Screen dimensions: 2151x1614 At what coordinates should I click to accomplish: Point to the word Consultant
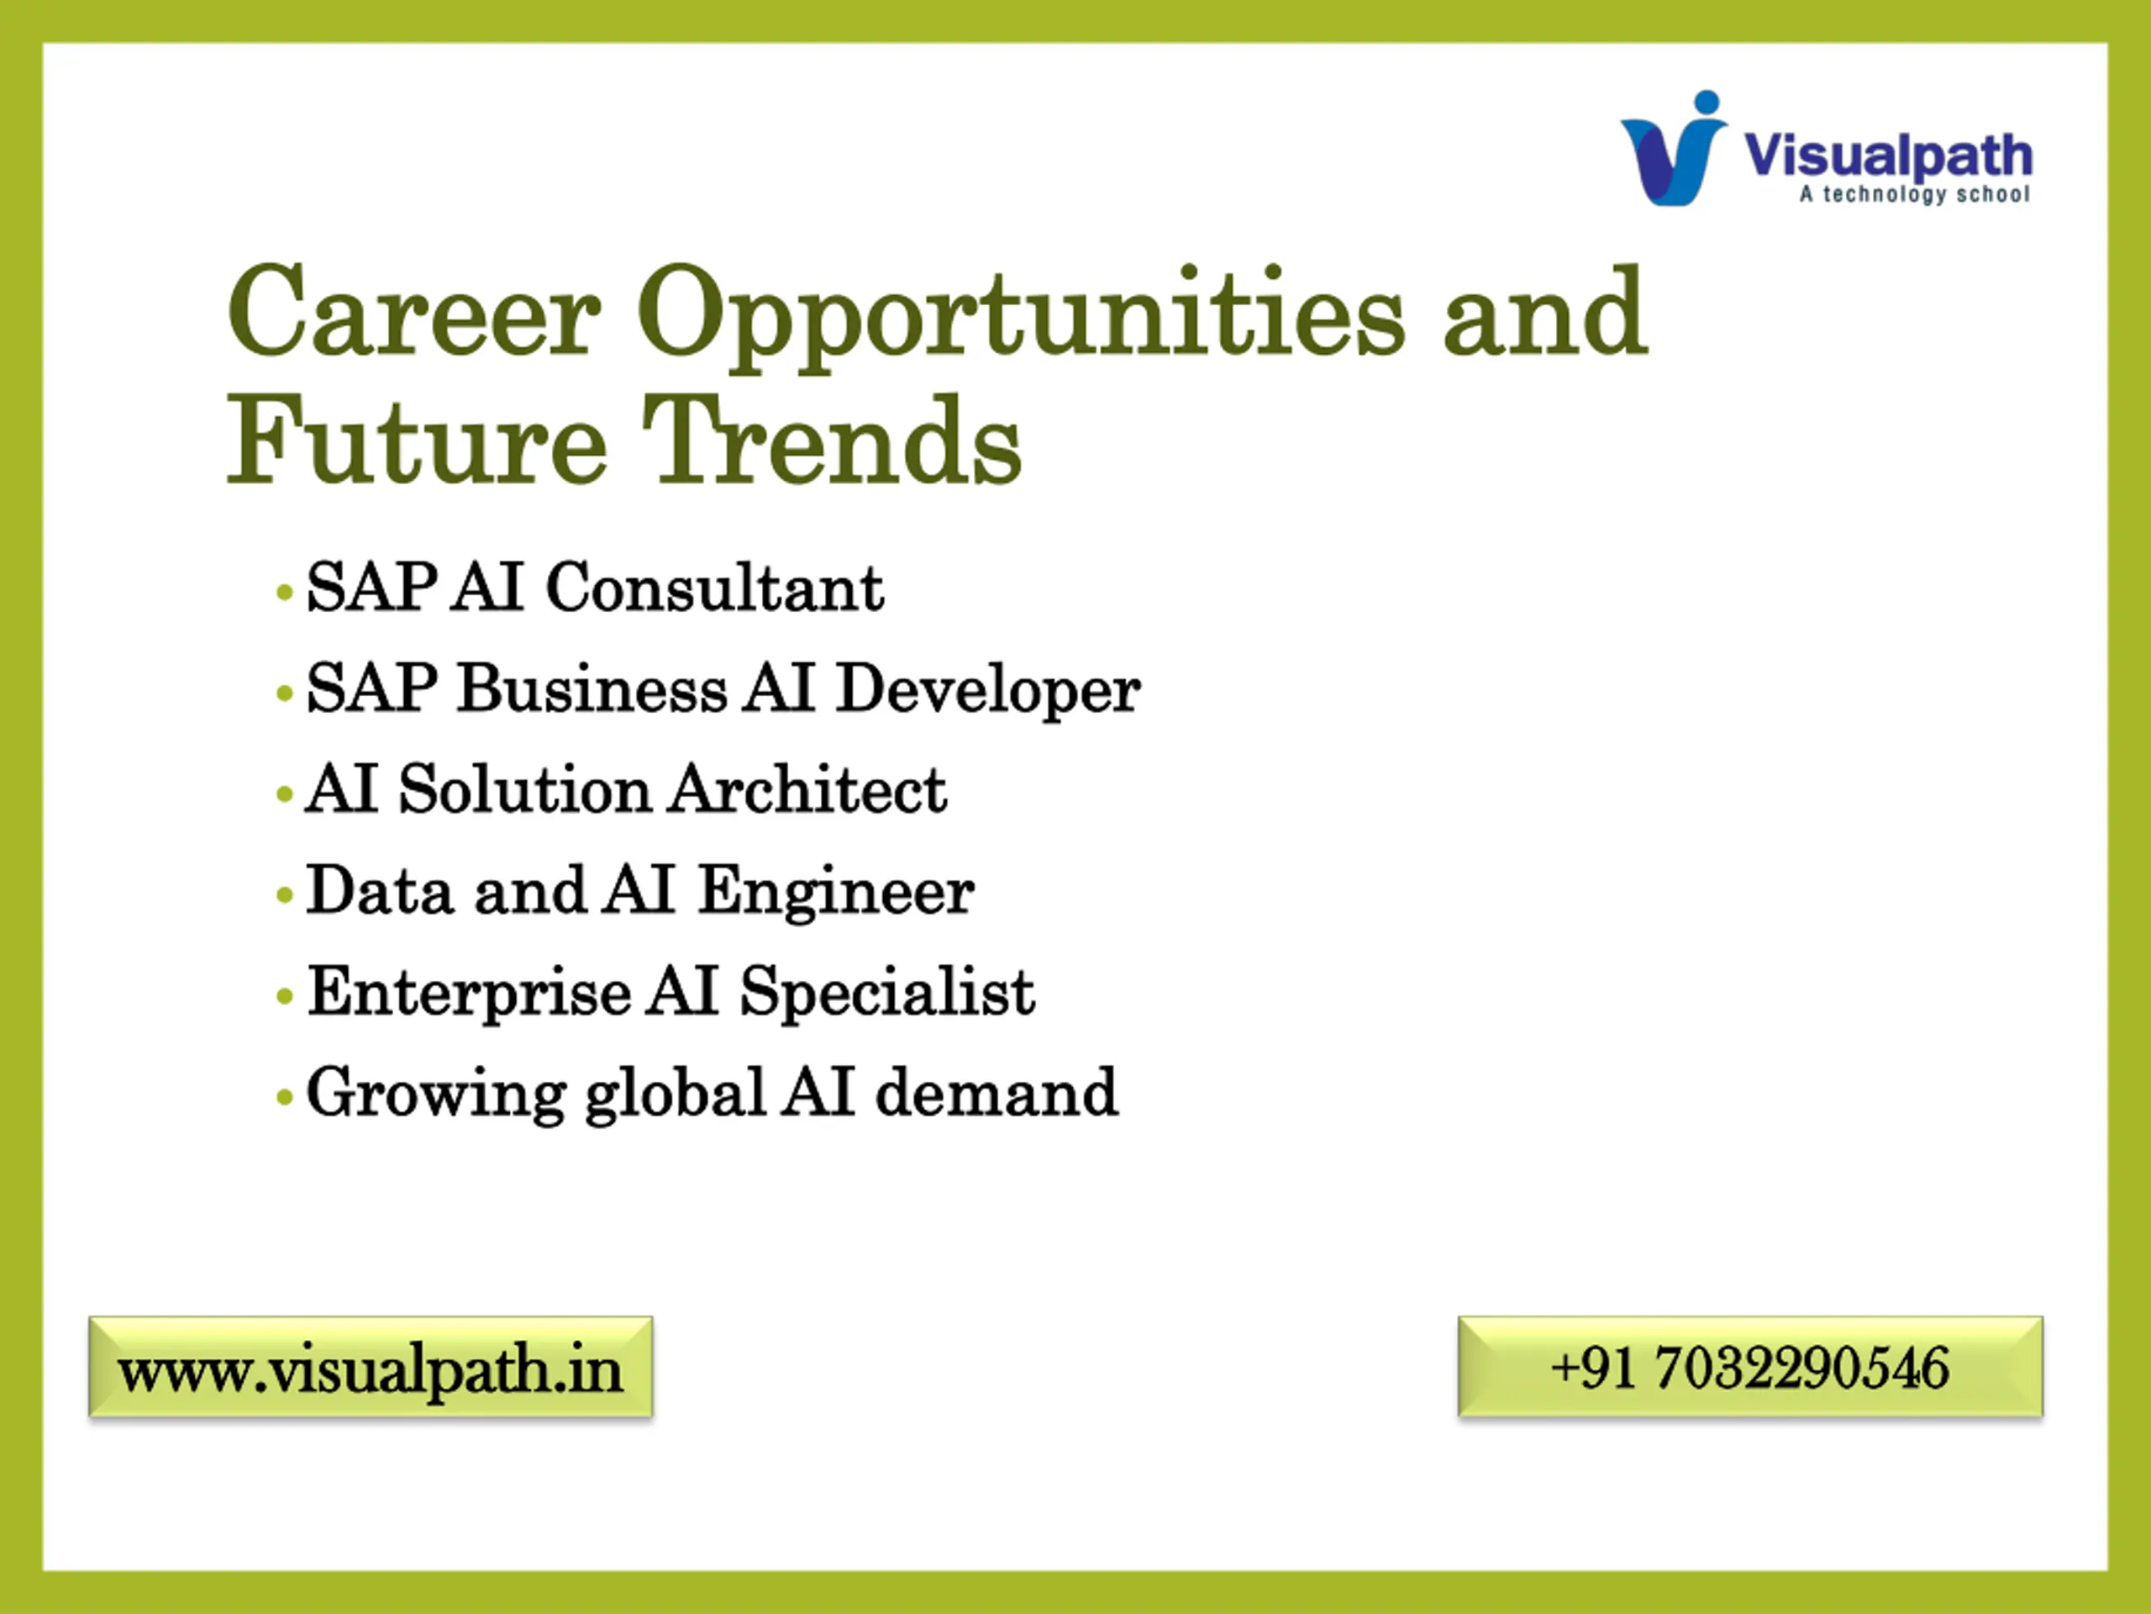point(715,588)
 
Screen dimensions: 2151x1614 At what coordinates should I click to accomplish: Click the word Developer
point(988,692)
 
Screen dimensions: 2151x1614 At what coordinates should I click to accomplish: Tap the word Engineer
point(836,893)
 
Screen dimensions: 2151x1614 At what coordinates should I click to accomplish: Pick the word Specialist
point(886,994)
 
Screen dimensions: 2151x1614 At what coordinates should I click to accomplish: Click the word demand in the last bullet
point(997,1093)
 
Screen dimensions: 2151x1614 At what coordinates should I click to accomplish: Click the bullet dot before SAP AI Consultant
point(285,592)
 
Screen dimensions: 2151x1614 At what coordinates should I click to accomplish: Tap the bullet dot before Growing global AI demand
point(285,1097)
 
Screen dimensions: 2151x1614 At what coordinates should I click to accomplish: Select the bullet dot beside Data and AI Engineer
point(285,894)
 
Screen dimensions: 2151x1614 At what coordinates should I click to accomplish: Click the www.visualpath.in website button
point(371,1367)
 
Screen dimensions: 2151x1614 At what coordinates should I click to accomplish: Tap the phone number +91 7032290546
point(1749,1367)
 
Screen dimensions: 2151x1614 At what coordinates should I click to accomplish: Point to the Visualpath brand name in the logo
point(1887,156)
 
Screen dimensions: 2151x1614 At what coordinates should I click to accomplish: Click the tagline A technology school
point(1914,194)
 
